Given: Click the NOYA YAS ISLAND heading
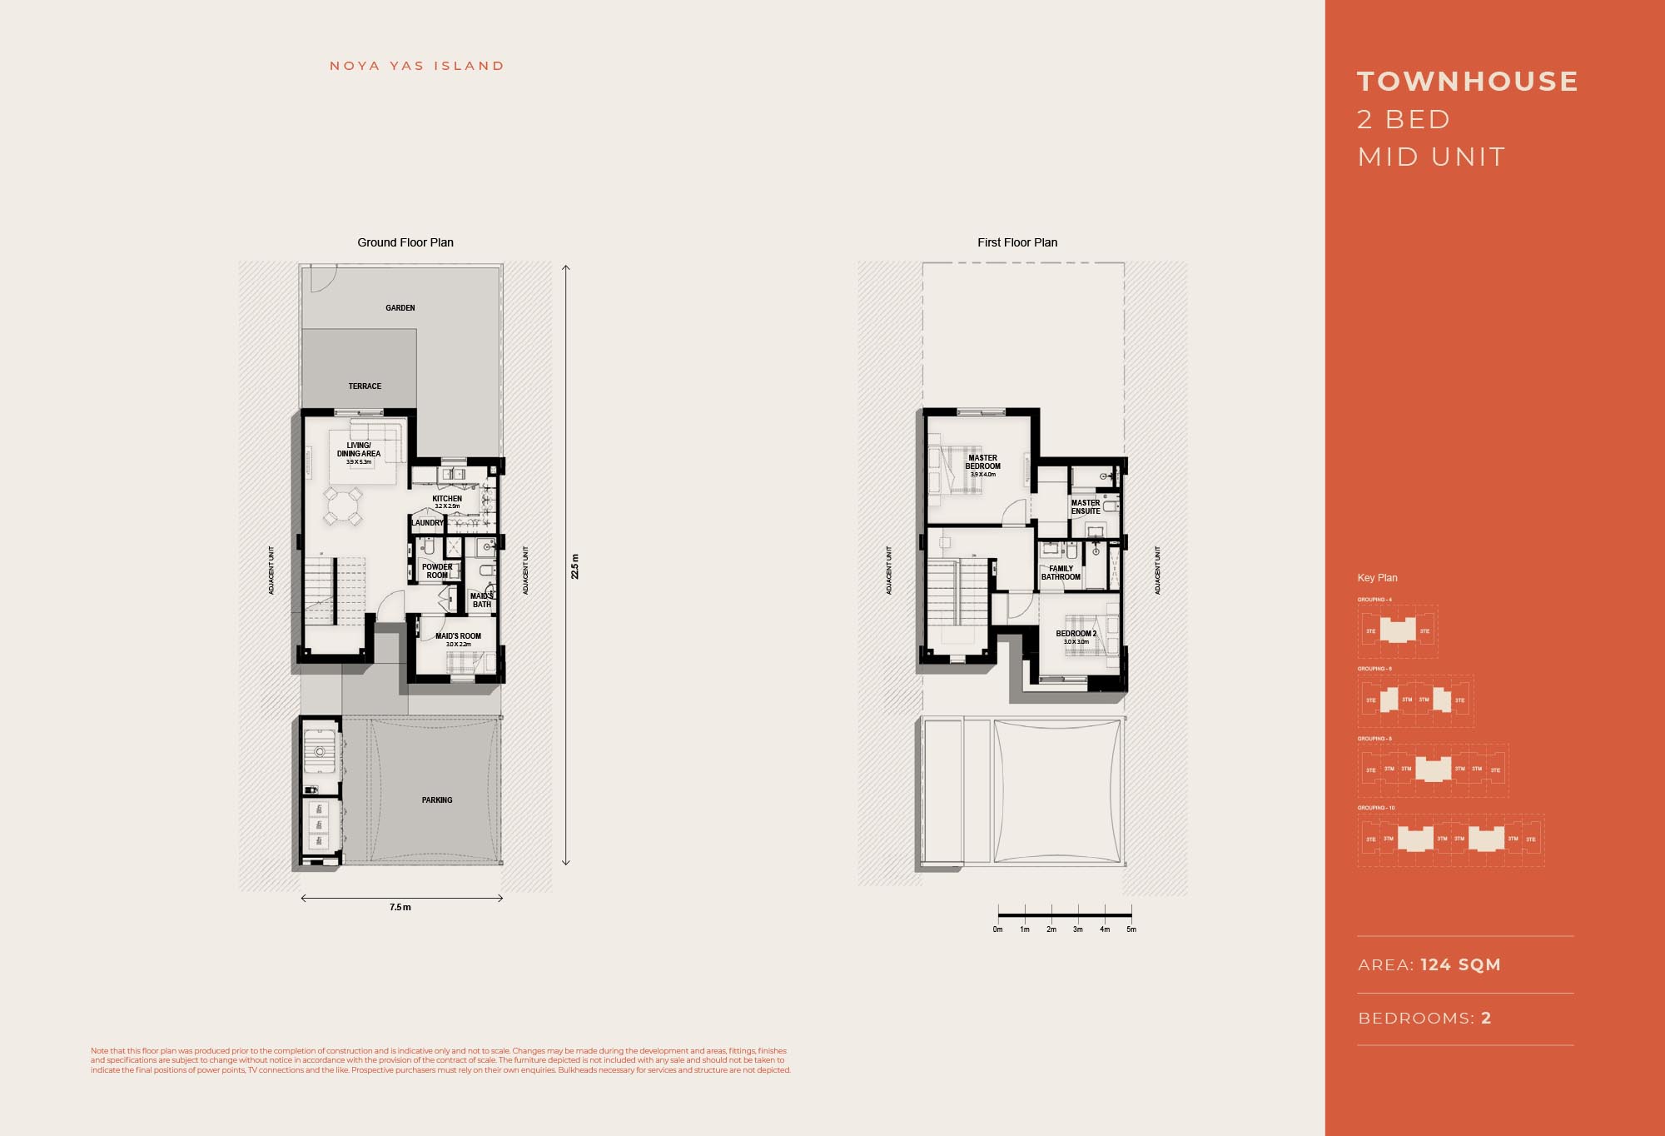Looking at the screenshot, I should tap(416, 66).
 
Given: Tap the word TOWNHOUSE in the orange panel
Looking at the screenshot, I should tap(1468, 82).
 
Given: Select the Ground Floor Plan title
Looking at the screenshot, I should tap(405, 242).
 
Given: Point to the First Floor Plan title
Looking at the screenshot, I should tap(1017, 242).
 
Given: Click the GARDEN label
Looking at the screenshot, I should tap(400, 308).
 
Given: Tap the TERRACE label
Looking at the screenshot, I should tap(365, 386).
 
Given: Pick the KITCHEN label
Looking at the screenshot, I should tap(447, 499).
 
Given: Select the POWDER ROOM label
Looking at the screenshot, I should tap(437, 571).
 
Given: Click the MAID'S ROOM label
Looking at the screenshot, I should tap(458, 636).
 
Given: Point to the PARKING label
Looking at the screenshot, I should tap(437, 800).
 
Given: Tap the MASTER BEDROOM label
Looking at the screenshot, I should tap(983, 462).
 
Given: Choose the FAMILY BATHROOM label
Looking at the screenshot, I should tap(1061, 573).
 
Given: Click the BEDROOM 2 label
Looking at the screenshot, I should tap(1076, 634).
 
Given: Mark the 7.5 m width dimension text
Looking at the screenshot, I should tap(400, 908).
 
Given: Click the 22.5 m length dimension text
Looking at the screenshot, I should tap(574, 566).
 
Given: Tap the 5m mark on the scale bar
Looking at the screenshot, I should tap(1131, 929).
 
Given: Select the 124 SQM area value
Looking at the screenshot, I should tap(1460, 964).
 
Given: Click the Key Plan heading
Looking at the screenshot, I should tap(1377, 578).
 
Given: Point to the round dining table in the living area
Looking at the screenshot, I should tap(343, 506).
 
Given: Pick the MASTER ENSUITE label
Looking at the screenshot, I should tap(1086, 507).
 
